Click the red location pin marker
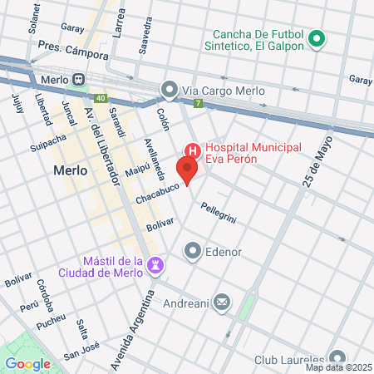pos(188,171)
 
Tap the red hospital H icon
pos(192,150)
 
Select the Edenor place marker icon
pos(193,250)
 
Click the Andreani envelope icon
pos(221,303)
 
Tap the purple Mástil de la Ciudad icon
pos(155,265)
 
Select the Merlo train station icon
pos(79,80)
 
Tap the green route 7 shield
pos(198,104)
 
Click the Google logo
pos(28,363)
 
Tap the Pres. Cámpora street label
pos(73,53)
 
